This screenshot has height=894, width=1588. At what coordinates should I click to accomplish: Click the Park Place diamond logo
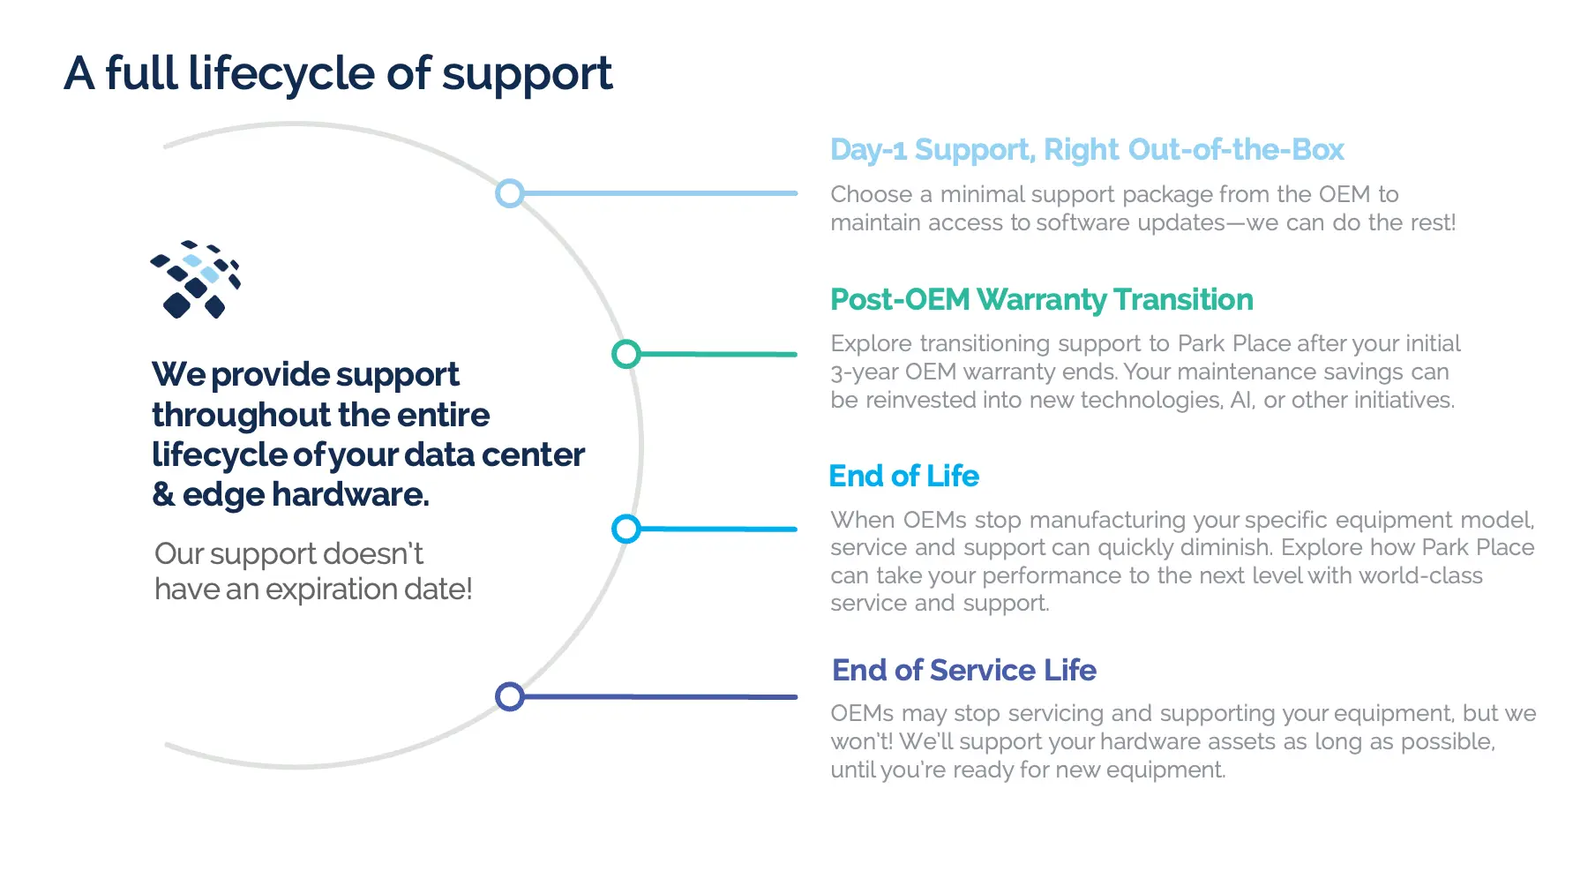[196, 279]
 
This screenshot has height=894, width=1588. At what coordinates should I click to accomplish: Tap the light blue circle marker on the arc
[510, 193]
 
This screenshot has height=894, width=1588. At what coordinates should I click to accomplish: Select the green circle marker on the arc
[626, 354]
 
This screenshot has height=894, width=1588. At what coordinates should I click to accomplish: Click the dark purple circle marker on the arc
[510, 696]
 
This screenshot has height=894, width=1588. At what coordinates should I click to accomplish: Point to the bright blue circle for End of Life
[626, 529]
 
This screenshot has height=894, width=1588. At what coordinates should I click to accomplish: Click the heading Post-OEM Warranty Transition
[1041, 300]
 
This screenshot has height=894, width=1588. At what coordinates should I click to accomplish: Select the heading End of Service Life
[963, 671]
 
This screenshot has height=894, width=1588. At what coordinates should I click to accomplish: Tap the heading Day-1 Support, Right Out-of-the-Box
[1086, 150]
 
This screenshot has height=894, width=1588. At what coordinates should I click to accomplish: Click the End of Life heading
[903, 477]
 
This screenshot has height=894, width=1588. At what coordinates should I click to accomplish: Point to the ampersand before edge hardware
[163, 494]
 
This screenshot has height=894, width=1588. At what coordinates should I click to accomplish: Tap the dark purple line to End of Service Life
[662, 696]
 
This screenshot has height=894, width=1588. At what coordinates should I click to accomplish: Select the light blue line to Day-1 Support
[662, 193]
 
